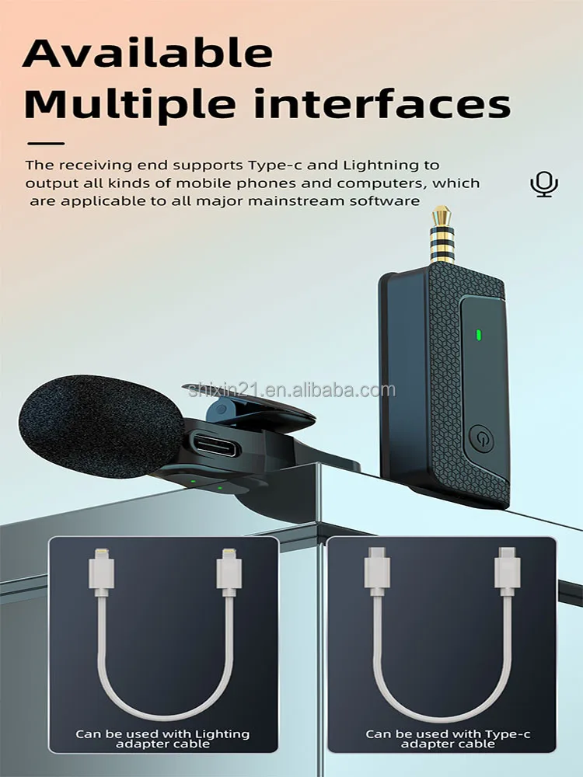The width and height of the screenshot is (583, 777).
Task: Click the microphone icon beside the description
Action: pyautogui.click(x=544, y=184)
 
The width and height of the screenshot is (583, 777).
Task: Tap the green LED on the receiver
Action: pyautogui.click(x=479, y=336)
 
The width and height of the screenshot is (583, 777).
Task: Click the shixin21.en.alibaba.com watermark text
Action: pyautogui.click(x=289, y=390)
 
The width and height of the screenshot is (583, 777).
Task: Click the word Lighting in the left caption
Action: pyautogui.click(x=222, y=733)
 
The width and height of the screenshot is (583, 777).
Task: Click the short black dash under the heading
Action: pyautogui.click(x=46, y=143)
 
